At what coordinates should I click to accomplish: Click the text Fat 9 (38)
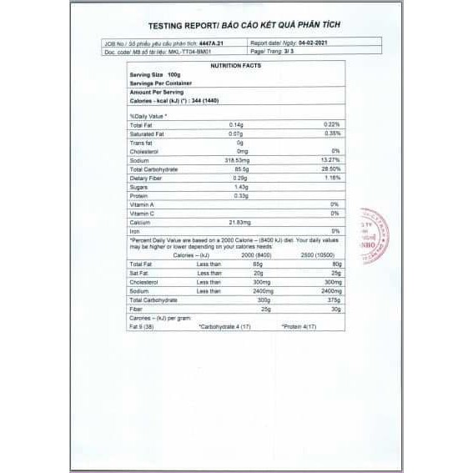coord(143,325)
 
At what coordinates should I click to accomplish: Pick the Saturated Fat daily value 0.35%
coord(332,133)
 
